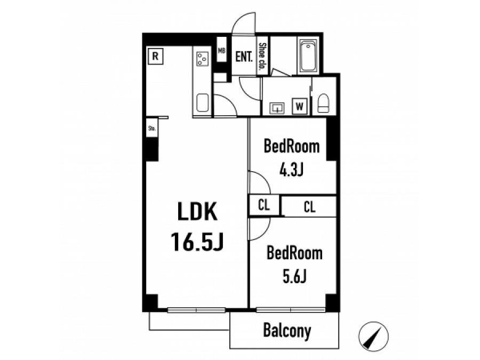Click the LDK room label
pyautogui.click(x=197, y=211)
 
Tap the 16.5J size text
pyautogui.click(x=197, y=242)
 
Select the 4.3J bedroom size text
pyautogui.click(x=291, y=169)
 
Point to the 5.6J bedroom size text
pyautogui.click(x=294, y=276)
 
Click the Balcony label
pyautogui.click(x=287, y=331)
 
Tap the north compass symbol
pyautogui.click(x=373, y=337)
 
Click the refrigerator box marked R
pyautogui.click(x=156, y=57)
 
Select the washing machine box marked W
pyautogui.click(x=299, y=106)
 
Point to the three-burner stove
pyautogui.click(x=203, y=59)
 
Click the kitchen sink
pyautogui.click(x=202, y=103)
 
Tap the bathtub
pyautogui.click(x=308, y=55)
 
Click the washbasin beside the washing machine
pyautogui.click(x=277, y=108)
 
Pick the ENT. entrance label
pyautogui.click(x=244, y=57)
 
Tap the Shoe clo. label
pyautogui.click(x=262, y=57)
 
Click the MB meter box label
pyautogui.click(x=222, y=51)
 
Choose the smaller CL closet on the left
pyautogui.click(x=264, y=205)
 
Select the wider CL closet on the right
pyautogui.click(x=309, y=206)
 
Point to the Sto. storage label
pyautogui.click(x=152, y=128)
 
